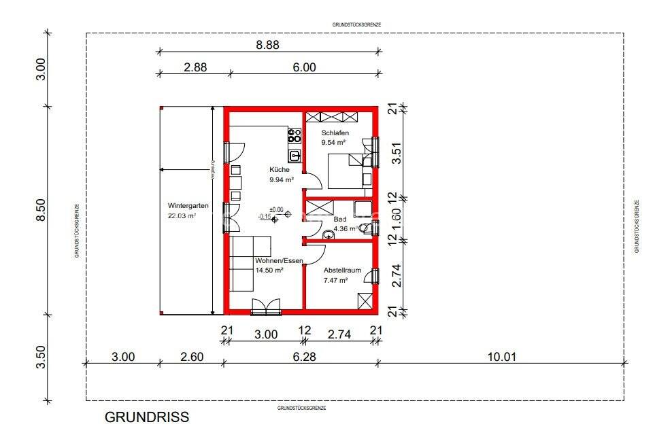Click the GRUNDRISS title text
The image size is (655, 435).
(147, 417)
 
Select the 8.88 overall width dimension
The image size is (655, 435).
(267, 44)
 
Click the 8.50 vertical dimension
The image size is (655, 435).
(40, 210)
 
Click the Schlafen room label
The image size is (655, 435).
(335, 133)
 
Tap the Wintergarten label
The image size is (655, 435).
(188, 205)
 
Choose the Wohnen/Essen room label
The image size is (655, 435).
(279, 260)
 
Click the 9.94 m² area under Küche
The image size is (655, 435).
(282, 180)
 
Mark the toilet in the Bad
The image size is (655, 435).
(365, 228)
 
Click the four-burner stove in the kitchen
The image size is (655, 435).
(295, 135)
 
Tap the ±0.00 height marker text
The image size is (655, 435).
(276, 209)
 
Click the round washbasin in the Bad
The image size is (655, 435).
(329, 235)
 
